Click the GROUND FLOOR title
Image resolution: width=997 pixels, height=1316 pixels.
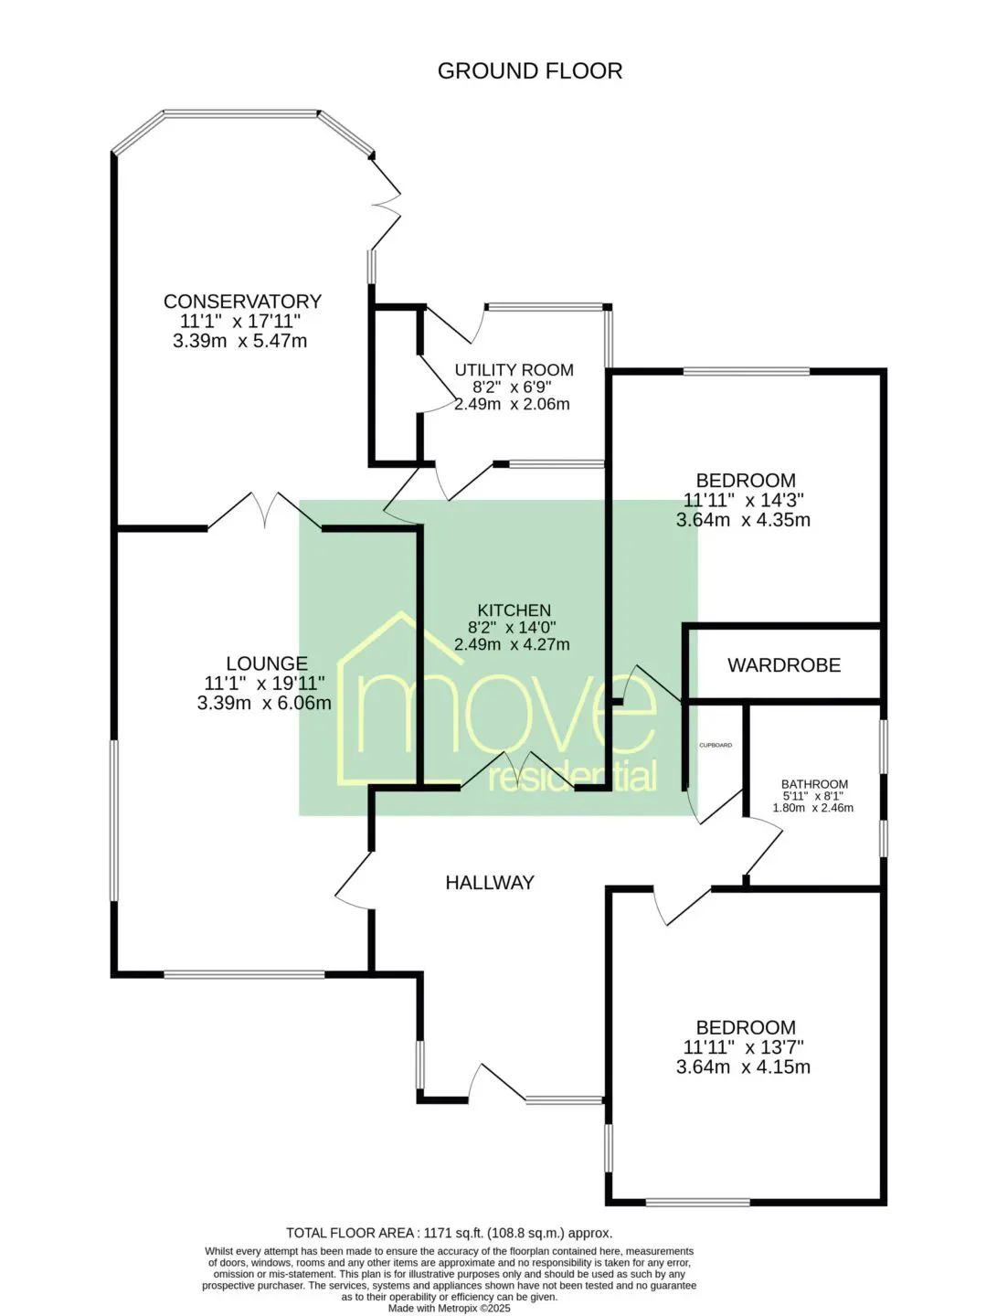point(529,70)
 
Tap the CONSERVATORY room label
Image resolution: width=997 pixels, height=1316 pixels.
point(242,301)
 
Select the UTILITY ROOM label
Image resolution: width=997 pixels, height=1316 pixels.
point(514,370)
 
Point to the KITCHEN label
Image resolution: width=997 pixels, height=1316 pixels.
point(514,610)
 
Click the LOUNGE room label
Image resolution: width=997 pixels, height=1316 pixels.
point(267,663)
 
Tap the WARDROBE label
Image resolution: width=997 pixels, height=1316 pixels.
point(784,665)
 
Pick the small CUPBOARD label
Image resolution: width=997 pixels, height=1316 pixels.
point(716,745)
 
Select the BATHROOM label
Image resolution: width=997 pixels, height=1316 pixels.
point(814,783)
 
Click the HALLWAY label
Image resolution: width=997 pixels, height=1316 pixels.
point(489,883)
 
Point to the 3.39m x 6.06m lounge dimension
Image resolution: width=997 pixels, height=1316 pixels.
point(264,703)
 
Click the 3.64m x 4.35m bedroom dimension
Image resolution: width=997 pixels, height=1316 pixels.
point(743,519)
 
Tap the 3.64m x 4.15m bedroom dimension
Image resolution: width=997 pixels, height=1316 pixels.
point(743,1067)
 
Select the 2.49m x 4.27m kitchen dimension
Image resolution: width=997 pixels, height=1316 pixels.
point(512,644)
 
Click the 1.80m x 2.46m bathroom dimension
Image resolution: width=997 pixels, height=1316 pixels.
point(813,808)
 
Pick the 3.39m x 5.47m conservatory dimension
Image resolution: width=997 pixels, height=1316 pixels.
point(239,341)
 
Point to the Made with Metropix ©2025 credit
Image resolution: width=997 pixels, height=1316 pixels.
point(449,1308)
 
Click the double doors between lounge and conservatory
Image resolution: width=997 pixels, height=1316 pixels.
point(264,510)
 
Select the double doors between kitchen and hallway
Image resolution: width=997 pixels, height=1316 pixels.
point(518,769)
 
